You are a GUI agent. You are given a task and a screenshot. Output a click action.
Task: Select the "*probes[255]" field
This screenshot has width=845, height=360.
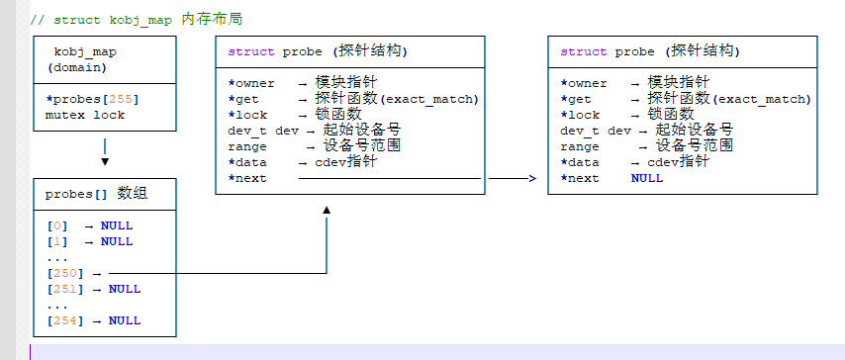pos(92,99)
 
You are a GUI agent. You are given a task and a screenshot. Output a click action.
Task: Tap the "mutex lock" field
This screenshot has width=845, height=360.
pos(85,115)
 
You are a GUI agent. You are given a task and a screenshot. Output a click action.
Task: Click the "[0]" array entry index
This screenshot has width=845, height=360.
pos(58,225)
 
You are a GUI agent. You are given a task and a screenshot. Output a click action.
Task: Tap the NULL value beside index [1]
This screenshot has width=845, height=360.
pos(117,241)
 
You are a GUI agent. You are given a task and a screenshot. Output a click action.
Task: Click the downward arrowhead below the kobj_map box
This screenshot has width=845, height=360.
pos(105,161)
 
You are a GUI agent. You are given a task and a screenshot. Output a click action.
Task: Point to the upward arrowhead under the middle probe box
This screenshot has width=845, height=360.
pos(326,210)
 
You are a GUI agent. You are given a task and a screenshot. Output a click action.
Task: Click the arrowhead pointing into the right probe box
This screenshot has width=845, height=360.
pos(531,178)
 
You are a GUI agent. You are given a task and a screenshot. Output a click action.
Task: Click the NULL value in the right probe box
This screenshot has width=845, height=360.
pos(647,178)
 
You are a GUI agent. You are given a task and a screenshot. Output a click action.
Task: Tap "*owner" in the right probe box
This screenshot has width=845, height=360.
pos(584,83)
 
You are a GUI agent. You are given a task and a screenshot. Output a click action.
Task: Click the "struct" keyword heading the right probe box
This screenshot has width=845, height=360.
pos(584,51)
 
